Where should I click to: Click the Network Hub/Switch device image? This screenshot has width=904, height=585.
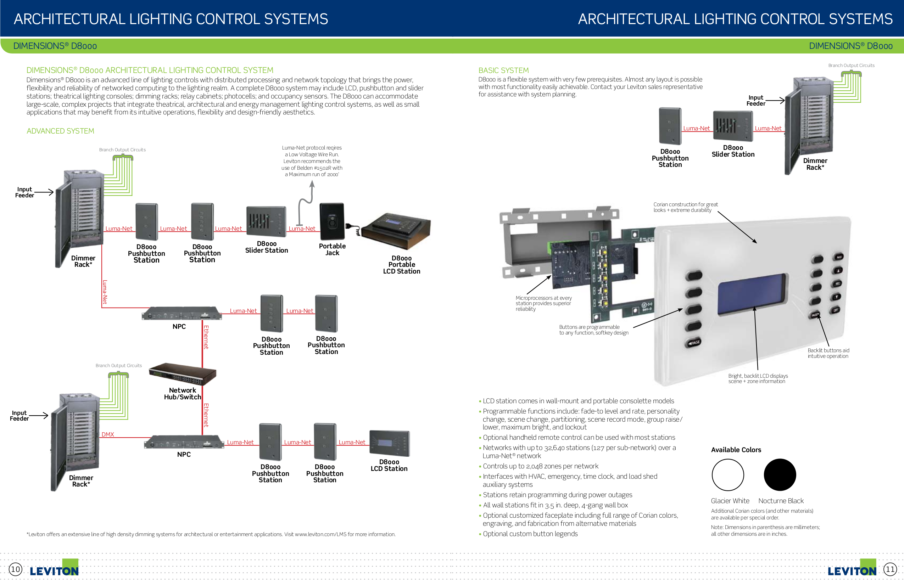(x=183, y=374)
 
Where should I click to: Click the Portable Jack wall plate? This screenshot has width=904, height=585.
(x=331, y=222)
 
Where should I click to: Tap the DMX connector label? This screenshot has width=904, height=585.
(x=107, y=434)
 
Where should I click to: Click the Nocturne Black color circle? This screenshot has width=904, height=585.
(x=780, y=474)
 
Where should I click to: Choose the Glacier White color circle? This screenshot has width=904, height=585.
(x=727, y=474)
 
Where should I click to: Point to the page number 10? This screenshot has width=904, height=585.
(x=15, y=569)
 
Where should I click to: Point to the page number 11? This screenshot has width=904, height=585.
(x=889, y=569)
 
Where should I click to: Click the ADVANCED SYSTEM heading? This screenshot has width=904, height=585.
(x=60, y=131)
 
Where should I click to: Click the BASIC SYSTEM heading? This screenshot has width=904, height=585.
(x=503, y=70)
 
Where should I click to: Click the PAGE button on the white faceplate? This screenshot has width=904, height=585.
(x=693, y=342)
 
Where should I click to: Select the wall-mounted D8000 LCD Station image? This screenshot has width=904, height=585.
(x=389, y=443)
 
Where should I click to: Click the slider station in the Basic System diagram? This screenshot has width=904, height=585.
(x=733, y=126)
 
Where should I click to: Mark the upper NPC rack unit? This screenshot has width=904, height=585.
(x=182, y=314)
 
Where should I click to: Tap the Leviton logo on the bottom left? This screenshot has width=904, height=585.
(x=54, y=570)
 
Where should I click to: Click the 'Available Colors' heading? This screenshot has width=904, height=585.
(x=736, y=450)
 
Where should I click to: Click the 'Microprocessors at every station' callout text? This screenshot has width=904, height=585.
(x=543, y=303)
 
